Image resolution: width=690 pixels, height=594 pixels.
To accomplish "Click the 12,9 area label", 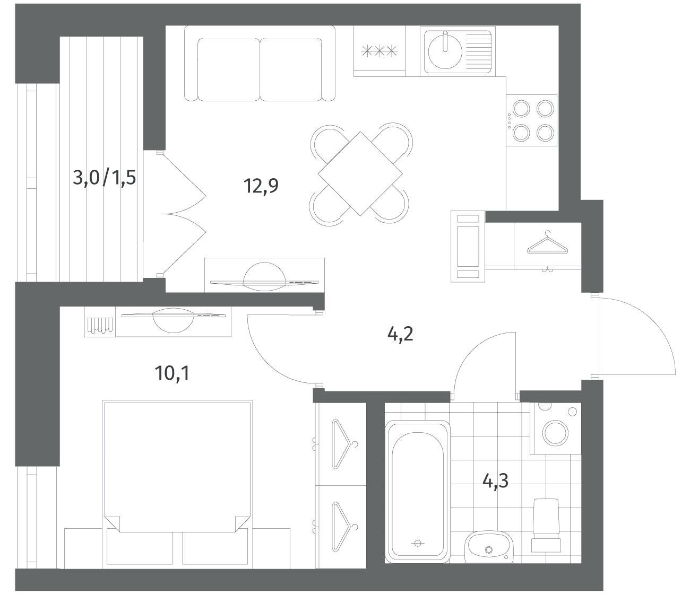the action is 261,186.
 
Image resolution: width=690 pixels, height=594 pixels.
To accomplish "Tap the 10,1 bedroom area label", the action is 172,373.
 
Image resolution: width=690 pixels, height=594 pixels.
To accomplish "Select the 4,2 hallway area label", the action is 400,334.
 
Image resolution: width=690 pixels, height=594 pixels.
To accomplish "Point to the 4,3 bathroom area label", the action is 495,481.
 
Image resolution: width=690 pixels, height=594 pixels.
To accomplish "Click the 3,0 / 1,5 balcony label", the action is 104,178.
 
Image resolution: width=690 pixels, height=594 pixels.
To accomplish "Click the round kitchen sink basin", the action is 445,51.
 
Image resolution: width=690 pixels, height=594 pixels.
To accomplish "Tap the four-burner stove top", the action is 531,120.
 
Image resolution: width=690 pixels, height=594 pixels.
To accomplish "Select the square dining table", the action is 360,174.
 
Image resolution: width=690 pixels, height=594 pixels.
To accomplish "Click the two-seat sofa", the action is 260,63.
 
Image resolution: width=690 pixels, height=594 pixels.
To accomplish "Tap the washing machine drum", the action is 556,433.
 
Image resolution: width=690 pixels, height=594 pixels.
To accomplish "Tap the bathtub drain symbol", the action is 418,543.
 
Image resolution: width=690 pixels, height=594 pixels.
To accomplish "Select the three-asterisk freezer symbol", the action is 379,51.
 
